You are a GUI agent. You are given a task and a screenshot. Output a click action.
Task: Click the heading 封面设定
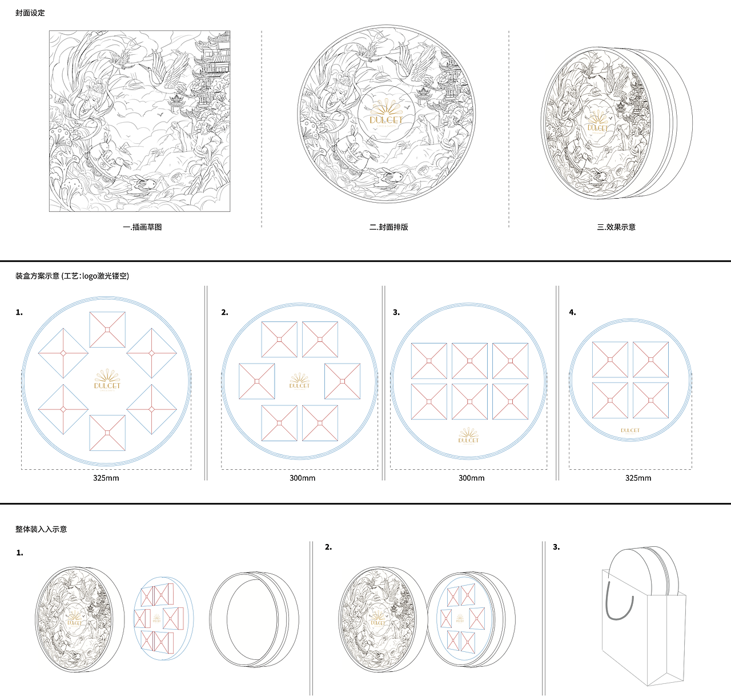pyautogui.click(x=30, y=13)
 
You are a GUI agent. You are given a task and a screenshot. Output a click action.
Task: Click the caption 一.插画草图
pyautogui.click(x=142, y=227)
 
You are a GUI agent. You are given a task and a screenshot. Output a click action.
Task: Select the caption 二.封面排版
pyautogui.click(x=388, y=227)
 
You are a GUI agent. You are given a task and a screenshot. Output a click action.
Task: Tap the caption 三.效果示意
pyautogui.click(x=616, y=227)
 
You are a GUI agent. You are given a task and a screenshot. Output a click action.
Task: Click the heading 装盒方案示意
pyautogui.click(x=37, y=276)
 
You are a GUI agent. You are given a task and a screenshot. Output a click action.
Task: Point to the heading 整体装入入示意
pyautogui.click(x=41, y=529)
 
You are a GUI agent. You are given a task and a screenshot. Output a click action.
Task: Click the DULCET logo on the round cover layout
pyautogui.click(x=386, y=114)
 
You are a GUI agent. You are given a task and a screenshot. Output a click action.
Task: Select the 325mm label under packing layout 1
pyautogui.click(x=106, y=478)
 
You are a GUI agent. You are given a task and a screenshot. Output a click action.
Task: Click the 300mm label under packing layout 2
pyautogui.click(x=302, y=478)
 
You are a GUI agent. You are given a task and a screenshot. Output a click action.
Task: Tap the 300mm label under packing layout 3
pyautogui.click(x=472, y=478)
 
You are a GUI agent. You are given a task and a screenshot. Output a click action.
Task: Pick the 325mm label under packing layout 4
pyautogui.click(x=638, y=478)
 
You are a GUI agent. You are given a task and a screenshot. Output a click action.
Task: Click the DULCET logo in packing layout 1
pyautogui.click(x=107, y=380)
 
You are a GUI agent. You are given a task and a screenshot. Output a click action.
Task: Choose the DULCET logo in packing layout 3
pyautogui.click(x=468, y=436)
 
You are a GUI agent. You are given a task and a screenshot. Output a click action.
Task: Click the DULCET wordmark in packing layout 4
pyautogui.click(x=630, y=430)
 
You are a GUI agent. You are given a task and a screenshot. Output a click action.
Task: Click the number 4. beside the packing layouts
pyautogui.click(x=572, y=313)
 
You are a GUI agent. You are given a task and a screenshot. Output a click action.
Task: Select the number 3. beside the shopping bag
pyautogui.click(x=556, y=547)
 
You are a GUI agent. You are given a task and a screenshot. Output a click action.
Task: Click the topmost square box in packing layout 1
pyautogui.click(x=107, y=330)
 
